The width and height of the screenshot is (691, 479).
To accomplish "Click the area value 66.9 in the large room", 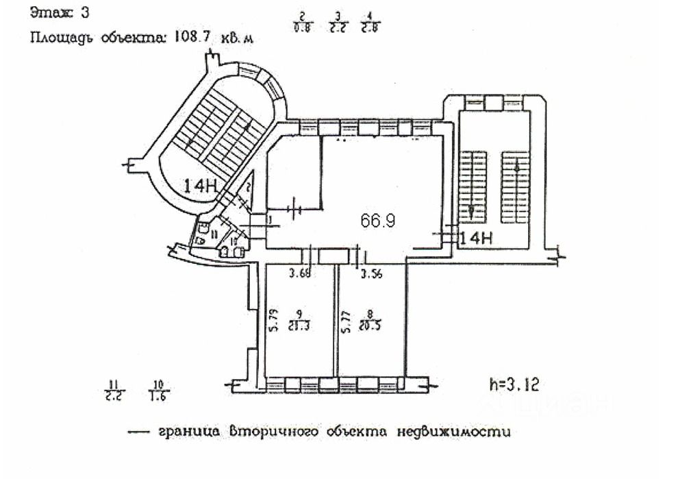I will tap(378, 221).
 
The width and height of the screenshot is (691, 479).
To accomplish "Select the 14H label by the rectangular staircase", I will tap(477, 238).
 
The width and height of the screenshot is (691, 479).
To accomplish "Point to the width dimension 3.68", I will tap(301, 275).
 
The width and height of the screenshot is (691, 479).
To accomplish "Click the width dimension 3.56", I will tap(371, 275).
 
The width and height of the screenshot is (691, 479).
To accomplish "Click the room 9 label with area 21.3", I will tap(299, 320).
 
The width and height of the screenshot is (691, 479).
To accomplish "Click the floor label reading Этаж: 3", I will tap(60, 12).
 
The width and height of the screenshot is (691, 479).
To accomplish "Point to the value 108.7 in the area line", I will tap(194, 39).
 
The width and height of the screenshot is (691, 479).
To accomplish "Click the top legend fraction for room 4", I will tap(370, 22).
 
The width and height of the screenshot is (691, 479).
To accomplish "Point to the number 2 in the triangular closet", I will tap(249, 187).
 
